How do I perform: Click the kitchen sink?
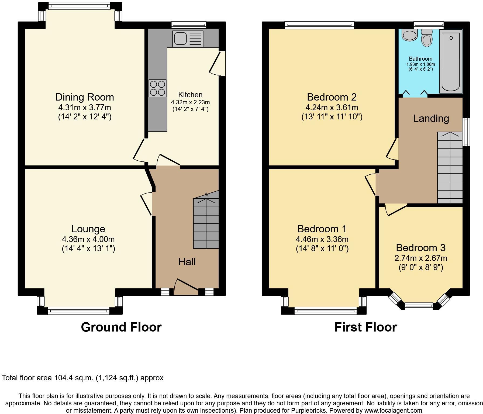(188, 39)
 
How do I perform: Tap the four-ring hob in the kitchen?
(157, 88)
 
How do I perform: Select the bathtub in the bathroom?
(451, 61)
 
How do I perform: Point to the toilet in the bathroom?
(427, 38)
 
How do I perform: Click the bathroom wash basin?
(409, 35)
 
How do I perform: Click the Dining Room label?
(85, 97)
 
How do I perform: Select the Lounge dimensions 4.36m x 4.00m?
(88, 239)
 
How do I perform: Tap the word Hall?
(187, 262)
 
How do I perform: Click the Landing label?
(431, 118)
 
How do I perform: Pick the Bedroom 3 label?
(420, 247)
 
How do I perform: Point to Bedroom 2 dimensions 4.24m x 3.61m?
(332, 108)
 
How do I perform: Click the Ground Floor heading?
(121, 327)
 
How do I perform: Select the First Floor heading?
(365, 327)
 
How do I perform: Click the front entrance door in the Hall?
(186, 287)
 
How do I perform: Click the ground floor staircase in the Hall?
(206, 224)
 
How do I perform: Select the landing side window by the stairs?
(466, 132)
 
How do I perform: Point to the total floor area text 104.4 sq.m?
(82, 378)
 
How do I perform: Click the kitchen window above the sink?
(189, 25)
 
